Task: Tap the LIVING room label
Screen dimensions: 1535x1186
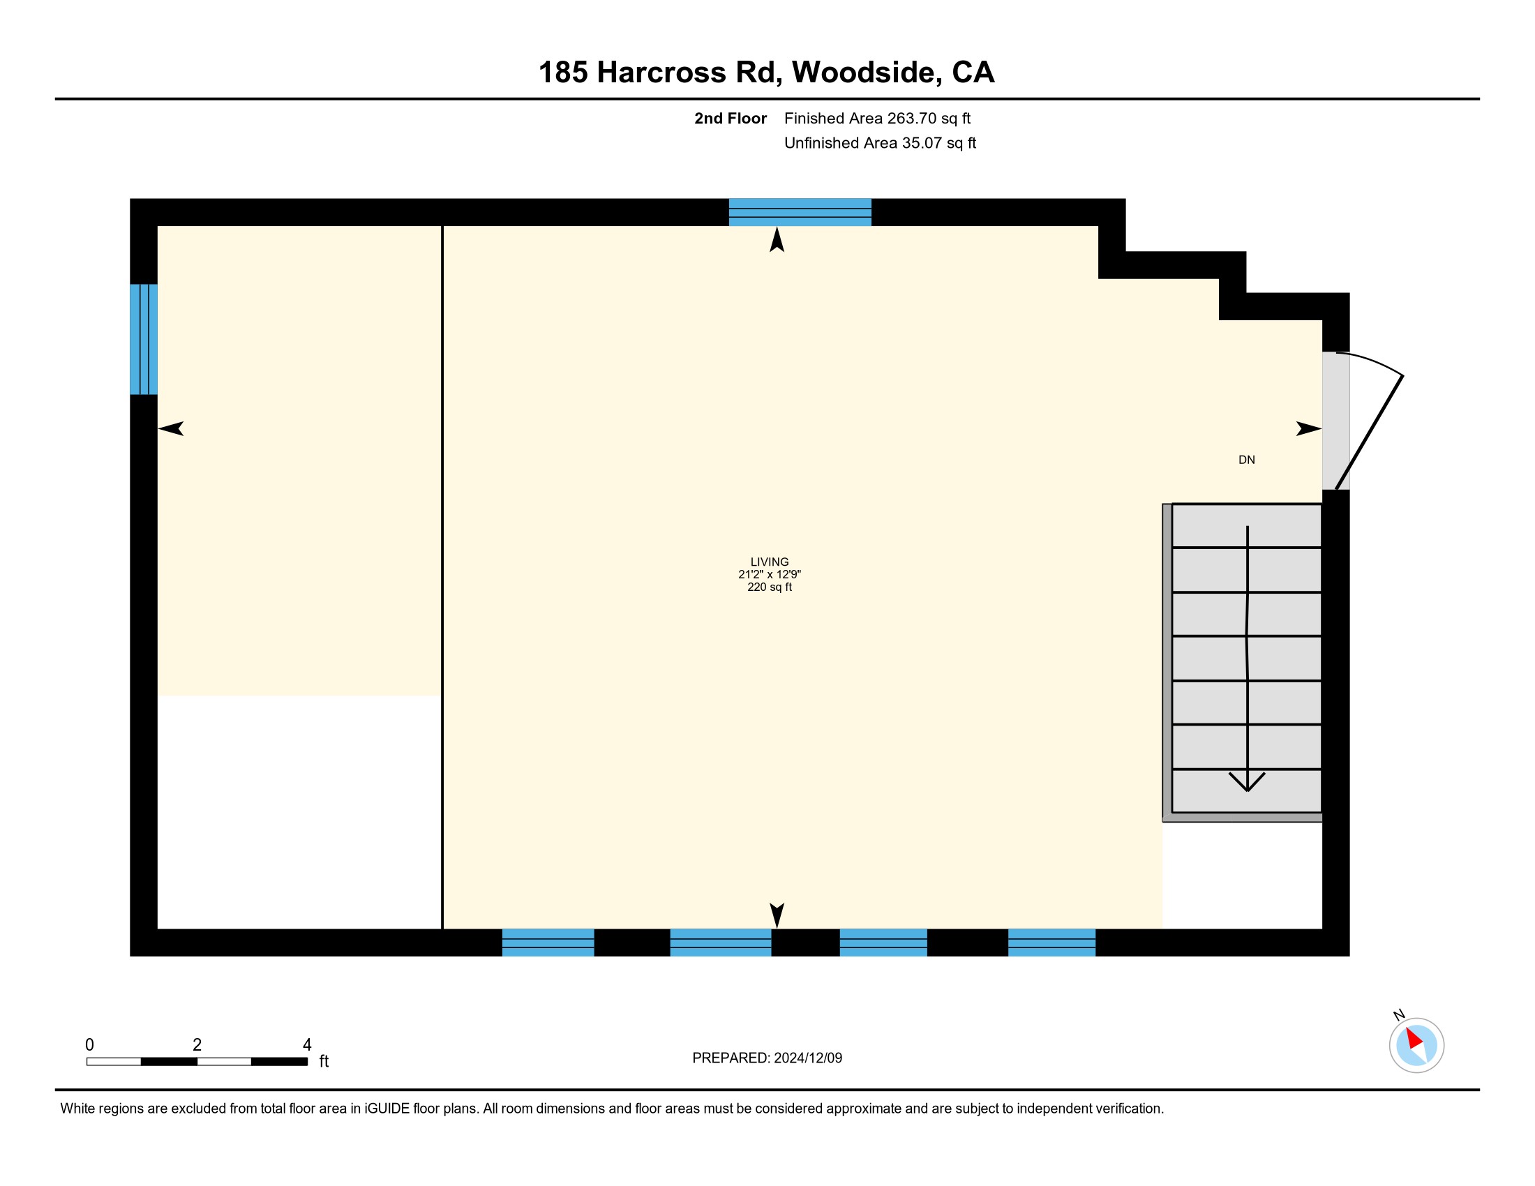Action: pyautogui.click(x=770, y=562)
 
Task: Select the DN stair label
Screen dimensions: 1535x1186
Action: pyautogui.click(x=1246, y=460)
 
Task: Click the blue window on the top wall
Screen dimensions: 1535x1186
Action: pyautogui.click(x=800, y=212)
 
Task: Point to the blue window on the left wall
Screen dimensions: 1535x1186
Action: pyautogui.click(x=143, y=339)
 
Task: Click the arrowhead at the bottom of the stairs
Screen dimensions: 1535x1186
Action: pyautogui.click(x=1247, y=782)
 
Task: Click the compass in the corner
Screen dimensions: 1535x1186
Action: pyautogui.click(x=1416, y=1046)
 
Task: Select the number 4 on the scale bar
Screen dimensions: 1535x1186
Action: pyautogui.click(x=307, y=1045)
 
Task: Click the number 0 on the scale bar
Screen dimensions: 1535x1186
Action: pyautogui.click(x=89, y=1045)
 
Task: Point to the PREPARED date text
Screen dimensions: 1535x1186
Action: pyautogui.click(x=767, y=1058)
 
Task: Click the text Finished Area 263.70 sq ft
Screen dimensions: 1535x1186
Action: pyautogui.click(x=877, y=119)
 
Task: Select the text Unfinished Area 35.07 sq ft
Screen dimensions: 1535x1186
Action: pyautogui.click(x=880, y=143)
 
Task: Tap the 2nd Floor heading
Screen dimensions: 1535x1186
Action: pyautogui.click(x=731, y=119)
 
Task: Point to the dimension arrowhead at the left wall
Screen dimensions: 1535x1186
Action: pyautogui.click(x=171, y=428)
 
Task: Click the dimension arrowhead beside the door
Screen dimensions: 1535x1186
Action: pyautogui.click(x=1309, y=428)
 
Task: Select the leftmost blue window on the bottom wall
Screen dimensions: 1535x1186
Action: pyautogui.click(x=548, y=943)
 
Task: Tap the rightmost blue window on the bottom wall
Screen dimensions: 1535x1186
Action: pyautogui.click(x=1051, y=943)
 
